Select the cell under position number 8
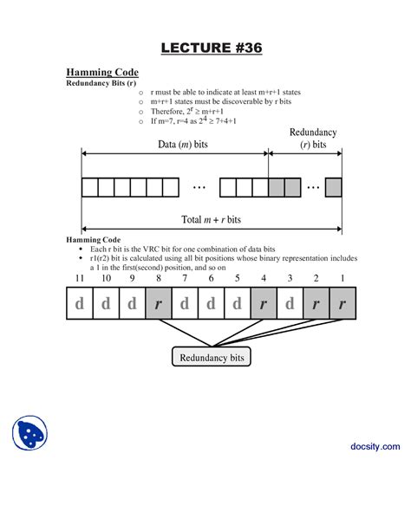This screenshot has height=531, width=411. tap(158, 304)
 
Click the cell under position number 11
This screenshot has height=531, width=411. tap(79, 304)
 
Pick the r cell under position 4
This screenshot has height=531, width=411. tap(264, 304)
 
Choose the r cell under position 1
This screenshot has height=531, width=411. tap(342, 304)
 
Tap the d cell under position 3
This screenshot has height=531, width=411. tap(290, 304)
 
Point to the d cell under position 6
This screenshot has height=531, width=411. tap(211, 304)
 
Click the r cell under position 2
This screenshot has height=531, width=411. tap(316, 304)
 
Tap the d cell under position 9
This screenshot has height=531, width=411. tap(132, 304)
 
